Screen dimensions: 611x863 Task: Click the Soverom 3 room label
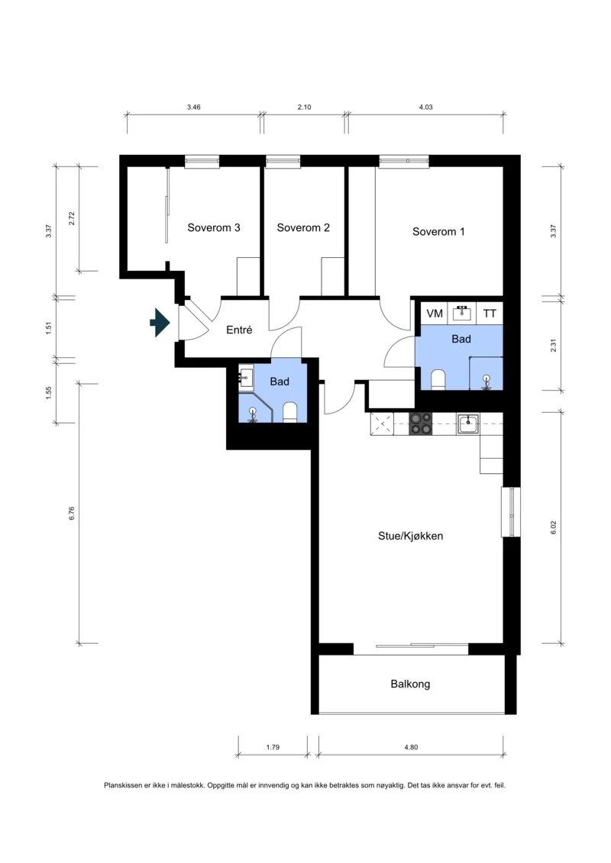pyautogui.click(x=214, y=228)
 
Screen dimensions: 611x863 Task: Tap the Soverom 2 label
pyautogui.click(x=303, y=228)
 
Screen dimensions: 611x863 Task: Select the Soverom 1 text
pyautogui.click(x=438, y=232)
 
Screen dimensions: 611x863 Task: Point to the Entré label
pyautogui.click(x=239, y=330)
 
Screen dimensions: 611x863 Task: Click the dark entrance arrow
pyautogui.click(x=160, y=323)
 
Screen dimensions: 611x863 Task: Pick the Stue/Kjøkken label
pyautogui.click(x=410, y=536)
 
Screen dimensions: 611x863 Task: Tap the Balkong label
pyautogui.click(x=410, y=684)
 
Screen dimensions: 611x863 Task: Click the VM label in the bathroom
pyautogui.click(x=435, y=314)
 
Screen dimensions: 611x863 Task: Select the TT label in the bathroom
pyautogui.click(x=490, y=314)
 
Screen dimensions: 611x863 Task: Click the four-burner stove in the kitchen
pyautogui.click(x=421, y=423)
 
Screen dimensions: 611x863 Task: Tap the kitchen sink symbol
pyautogui.click(x=467, y=423)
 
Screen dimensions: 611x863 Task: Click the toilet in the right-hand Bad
pyautogui.click(x=438, y=380)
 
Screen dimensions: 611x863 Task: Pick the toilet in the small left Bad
pyautogui.click(x=289, y=413)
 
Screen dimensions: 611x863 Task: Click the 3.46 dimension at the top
pyautogui.click(x=193, y=108)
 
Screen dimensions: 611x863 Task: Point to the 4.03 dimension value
pyautogui.click(x=426, y=108)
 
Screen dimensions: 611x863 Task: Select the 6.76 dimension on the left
pyautogui.click(x=72, y=514)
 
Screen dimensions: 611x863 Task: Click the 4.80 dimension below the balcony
pyautogui.click(x=411, y=748)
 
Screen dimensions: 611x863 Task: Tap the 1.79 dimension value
pyautogui.click(x=273, y=748)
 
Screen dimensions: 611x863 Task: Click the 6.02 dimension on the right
pyautogui.click(x=554, y=528)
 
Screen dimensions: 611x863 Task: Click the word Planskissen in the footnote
pyautogui.click(x=124, y=785)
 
